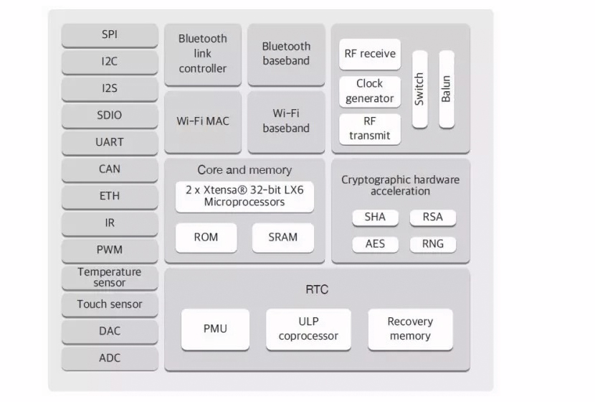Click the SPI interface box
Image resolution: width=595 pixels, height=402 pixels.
click(x=110, y=35)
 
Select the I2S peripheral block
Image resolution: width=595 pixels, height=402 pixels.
click(x=110, y=89)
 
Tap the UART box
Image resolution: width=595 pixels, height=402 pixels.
click(x=110, y=143)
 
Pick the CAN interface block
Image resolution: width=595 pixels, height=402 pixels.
click(x=110, y=170)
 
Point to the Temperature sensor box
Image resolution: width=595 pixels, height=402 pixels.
click(x=110, y=278)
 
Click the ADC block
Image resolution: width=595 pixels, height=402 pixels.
click(x=110, y=358)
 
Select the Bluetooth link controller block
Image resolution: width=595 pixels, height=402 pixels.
click(x=203, y=55)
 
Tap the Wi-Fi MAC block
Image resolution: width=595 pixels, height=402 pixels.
click(x=203, y=122)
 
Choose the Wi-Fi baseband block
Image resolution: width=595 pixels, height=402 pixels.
click(x=286, y=122)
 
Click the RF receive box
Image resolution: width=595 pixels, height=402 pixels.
click(x=370, y=55)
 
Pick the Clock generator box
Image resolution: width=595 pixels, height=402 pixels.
click(x=370, y=92)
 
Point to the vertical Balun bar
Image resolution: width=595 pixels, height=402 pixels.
click(x=447, y=89)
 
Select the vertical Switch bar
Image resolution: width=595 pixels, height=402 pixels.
click(x=419, y=89)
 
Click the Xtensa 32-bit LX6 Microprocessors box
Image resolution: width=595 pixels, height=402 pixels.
click(x=244, y=197)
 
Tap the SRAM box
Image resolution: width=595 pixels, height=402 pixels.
click(x=283, y=238)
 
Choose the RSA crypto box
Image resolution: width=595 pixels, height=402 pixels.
click(x=433, y=218)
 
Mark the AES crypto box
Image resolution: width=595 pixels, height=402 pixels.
click(x=376, y=245)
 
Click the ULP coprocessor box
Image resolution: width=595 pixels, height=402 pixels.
click(x=308, y=329)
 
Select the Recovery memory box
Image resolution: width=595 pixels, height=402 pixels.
click(x=411, y=329)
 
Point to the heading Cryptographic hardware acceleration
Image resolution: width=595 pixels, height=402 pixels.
click(x=400, y=185)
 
